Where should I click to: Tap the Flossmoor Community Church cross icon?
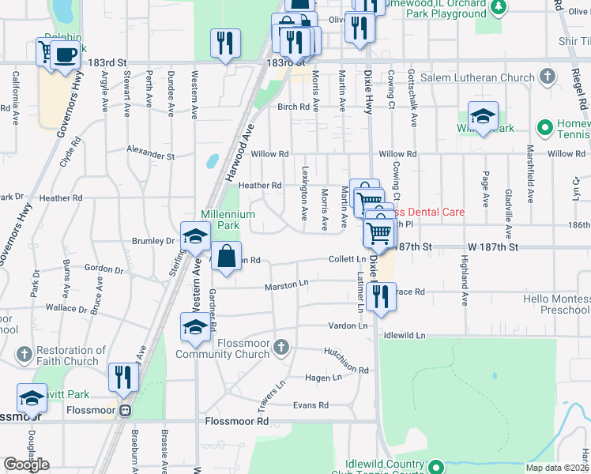click(x=280, y=347)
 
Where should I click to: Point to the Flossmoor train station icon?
click(x=124, y=411)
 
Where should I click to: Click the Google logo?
click(x=26, y=465)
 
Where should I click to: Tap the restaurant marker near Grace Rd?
click(x=381, y=297)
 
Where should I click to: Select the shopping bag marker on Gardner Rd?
click(x=227, y=257)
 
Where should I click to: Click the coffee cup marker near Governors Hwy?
click(x=66, y=55)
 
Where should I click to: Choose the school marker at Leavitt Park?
click(x=32, y=399)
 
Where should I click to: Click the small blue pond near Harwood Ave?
click(x=212, y=161)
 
